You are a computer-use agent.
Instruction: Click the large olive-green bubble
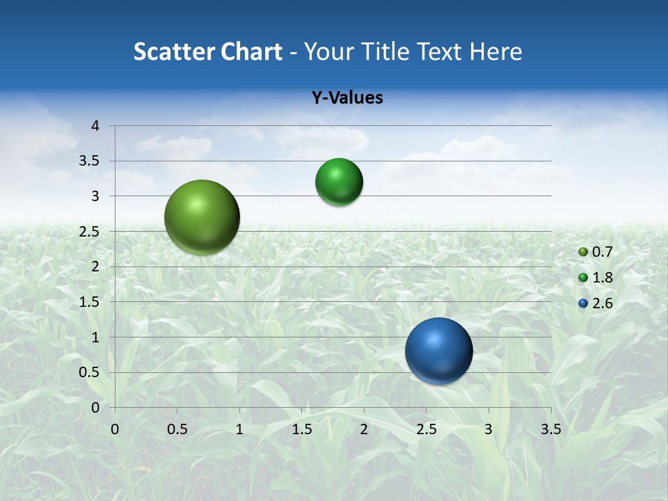[202, 217]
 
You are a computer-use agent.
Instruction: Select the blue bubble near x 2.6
[438, 351]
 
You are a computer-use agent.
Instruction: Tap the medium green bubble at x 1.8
[339, 182]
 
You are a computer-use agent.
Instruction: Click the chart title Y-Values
[347, 98]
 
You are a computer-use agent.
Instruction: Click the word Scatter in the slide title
[173, 51]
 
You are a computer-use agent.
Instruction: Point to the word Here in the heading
[495, 51]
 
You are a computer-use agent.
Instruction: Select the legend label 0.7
[602, 252]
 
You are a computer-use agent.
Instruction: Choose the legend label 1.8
[602, 278]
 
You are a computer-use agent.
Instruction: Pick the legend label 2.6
[602, 303]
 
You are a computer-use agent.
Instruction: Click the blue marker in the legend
[583, 303]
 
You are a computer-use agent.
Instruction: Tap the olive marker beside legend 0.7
[583, 252]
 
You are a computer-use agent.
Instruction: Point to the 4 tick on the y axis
[95, 126]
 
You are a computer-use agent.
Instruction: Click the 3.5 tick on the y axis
[90, 161]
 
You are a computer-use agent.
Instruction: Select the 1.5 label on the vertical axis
[90, 302]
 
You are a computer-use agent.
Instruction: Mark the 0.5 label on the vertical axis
[90, 372]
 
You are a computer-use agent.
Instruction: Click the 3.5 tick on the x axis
[550, 429]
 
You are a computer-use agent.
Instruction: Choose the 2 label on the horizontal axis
[363, 429]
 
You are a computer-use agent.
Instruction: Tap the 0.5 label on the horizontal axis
[177, 429]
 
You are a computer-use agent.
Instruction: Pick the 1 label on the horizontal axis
[239, 429]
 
